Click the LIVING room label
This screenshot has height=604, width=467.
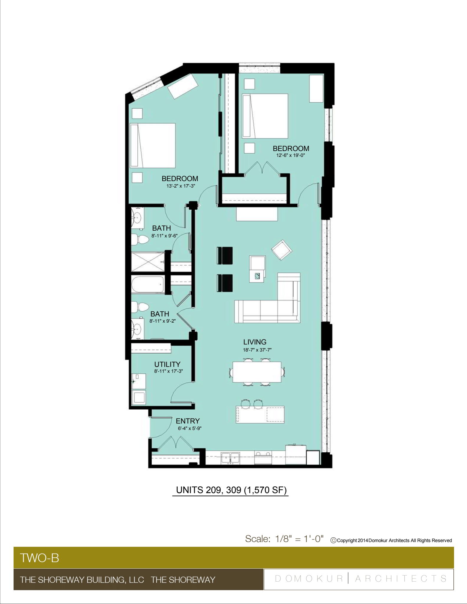point(255,342)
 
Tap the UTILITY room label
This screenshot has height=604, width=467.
point(167,364)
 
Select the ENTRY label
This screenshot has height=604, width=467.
point(188,421)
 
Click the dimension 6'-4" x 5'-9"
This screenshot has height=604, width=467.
point(189,429)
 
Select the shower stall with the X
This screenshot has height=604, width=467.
point(148,262)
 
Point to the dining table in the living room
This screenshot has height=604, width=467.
point(257,372)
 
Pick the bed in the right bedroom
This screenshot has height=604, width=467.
point(265,116)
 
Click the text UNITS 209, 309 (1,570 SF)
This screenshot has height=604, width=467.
point(231,490)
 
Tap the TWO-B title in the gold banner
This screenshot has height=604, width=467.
point(40,558)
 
